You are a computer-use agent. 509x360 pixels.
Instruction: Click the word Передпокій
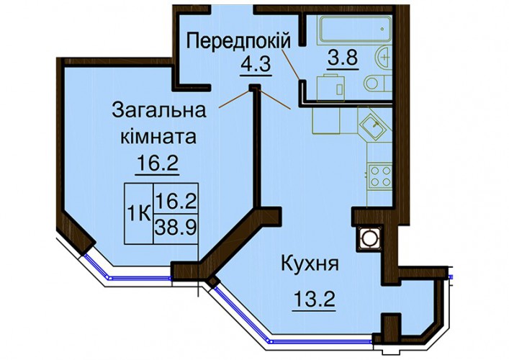(x=238, y=42)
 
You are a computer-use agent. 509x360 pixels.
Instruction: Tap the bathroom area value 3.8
(x=343, y=58)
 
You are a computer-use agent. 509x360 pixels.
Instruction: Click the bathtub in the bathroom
(x=356, y=30)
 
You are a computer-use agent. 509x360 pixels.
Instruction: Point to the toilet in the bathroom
(x=378, y=83)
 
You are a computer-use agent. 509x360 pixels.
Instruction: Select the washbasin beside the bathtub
(x=384, y=58)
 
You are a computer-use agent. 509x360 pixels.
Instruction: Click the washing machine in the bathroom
(x=330, y=88)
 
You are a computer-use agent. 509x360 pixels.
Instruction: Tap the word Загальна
(x=159, y=111)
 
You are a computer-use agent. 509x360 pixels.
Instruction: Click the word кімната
(x=158, y=138)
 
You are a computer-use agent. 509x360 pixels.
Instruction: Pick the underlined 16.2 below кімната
(x=158, y=163)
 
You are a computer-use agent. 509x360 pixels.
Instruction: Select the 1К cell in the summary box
(x=139, y=214)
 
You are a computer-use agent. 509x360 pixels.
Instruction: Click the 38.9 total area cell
(x=176, y=228)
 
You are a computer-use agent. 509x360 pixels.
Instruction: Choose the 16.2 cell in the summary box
(x=176, y=199)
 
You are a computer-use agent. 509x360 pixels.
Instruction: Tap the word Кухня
(x=310, y=264)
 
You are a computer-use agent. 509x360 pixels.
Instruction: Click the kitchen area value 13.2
(x=314, y=299)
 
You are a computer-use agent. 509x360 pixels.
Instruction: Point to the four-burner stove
(x=380, y=176)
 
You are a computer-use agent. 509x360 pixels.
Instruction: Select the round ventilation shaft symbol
(x=369, y=238)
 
